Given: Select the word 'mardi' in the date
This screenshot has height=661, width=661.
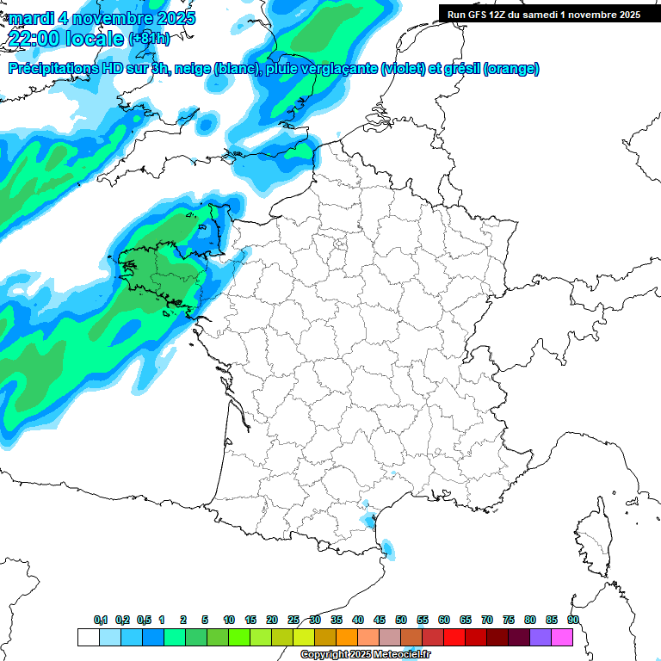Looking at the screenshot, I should pyautogui.click(x=30, y=18).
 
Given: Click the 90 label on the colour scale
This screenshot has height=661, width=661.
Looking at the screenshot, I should pyautogui.click(x=572, y=620).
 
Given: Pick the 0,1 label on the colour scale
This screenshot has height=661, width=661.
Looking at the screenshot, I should pyautogui.click(x=101, y=620).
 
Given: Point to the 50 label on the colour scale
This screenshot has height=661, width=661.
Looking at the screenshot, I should pyautogui.click(x=401, y=620).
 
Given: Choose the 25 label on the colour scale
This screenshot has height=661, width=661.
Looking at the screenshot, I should pyautogui.click(x=293, y=620).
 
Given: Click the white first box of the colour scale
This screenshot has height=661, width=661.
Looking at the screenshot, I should pyautogui.click(x=88, y=637).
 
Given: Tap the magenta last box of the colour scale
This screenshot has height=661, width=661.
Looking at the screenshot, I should pyautogui.click(x=562, y=637).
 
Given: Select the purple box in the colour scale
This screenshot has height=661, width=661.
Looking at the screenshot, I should pyautogui.click(x=541, y=637).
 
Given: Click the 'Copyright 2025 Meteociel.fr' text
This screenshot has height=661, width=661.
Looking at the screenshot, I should pyautogui.click(x=365, y=655).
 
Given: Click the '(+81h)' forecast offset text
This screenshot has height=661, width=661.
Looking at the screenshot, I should pyautogui.click(x=149, y=40).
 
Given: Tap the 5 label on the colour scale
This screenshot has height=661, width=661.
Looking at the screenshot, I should pyautogui.click(x=205, y=620).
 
